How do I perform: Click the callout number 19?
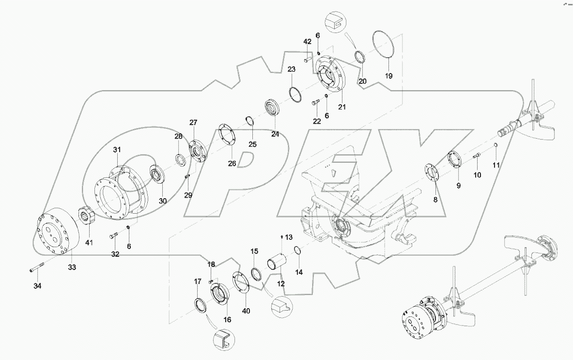pos(388,76)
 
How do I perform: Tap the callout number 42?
pos(307,42)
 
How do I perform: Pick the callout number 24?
pos(275,134)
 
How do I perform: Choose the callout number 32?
pos(115,254)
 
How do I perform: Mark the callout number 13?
pos(289,237)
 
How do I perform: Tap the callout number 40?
pos(246,311)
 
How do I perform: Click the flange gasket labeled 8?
pos(430,172)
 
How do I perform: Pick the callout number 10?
pos(477,175)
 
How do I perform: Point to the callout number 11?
pos(496,165)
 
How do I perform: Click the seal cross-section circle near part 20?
pos(336,21)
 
